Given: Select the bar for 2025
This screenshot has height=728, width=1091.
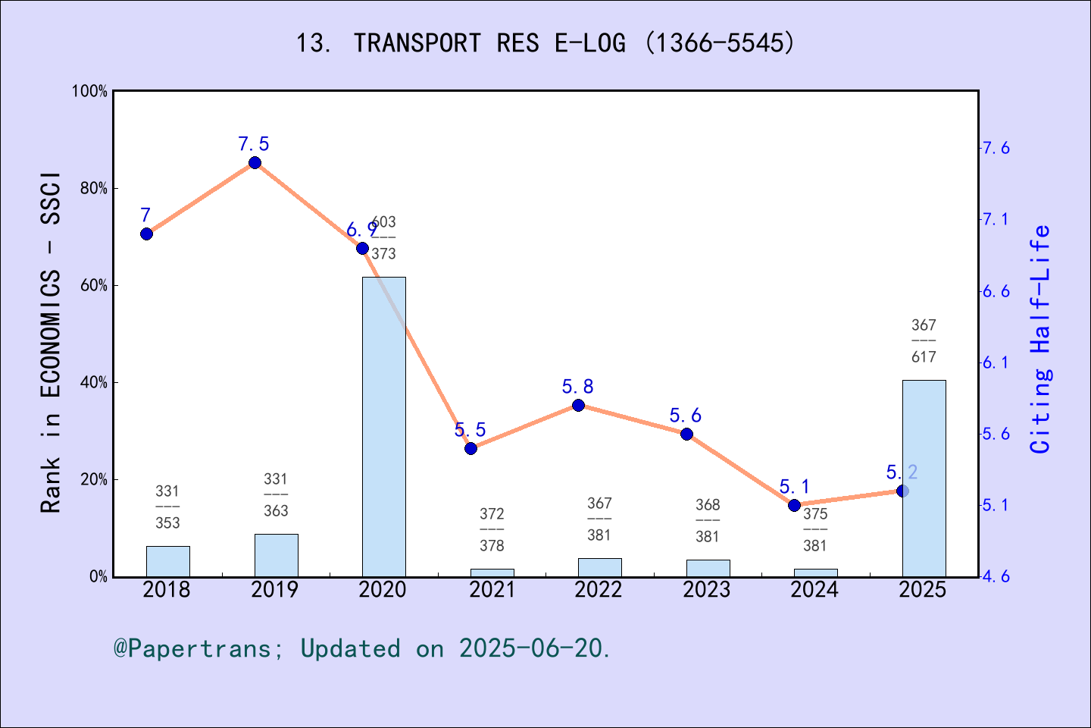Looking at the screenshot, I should click(924, 478).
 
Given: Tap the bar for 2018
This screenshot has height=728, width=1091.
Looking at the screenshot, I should click(167, 561).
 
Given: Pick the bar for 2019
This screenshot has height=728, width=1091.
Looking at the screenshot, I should click(276, 555).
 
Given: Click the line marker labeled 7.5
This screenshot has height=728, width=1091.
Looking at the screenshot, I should click(255, 163).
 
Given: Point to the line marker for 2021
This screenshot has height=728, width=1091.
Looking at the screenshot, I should click(470, 448).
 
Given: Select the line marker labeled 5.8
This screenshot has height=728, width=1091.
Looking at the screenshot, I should click(578, 405).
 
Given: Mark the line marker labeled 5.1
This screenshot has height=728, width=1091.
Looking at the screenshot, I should click(794, 505).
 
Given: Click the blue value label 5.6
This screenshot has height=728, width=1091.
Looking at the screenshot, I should click(685, 416).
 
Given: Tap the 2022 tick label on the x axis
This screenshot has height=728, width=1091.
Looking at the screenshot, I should click(599, 590).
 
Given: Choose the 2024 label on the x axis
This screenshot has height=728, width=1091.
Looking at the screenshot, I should click(814, 590).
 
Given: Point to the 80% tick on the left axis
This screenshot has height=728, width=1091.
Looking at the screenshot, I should click(94, 189).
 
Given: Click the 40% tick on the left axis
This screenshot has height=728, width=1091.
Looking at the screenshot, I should click(94, 383).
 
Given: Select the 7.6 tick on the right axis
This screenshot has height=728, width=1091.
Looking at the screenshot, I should click(996, 148).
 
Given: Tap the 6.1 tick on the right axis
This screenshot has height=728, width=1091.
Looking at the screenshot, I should click(996, 362).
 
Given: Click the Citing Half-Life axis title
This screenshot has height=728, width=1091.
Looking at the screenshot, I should click(1041, 340).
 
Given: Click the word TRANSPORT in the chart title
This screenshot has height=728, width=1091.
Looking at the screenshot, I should click(417, 43).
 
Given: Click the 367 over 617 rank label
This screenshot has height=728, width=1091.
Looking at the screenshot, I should click(924, 340).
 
